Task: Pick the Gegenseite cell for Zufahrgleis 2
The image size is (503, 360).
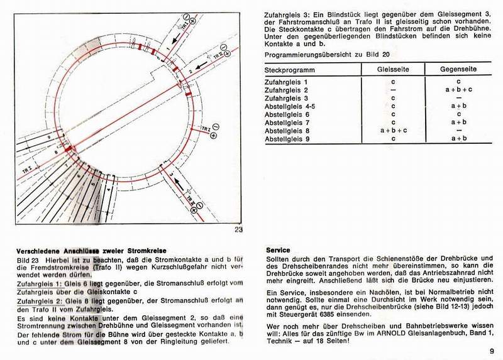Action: [458, 90]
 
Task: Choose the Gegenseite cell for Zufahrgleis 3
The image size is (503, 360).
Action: [458, 99]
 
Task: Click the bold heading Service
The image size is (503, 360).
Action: [278, 249]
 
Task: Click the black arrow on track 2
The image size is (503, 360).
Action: [201, 65]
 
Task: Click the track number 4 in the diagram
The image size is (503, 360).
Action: [109, 187]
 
